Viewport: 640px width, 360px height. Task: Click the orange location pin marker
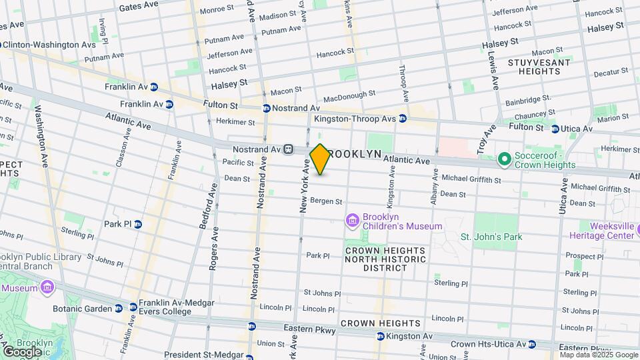[320, 159]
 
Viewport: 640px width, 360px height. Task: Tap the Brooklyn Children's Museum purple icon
[352, 219]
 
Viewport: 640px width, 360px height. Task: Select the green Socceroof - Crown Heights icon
[505, 159]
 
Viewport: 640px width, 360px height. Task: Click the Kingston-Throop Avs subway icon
[403, 119]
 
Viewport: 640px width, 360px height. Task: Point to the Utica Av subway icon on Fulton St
[555, 129]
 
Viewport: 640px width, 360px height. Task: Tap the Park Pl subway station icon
[138, 224]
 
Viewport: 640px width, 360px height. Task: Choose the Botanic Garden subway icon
[119, 308]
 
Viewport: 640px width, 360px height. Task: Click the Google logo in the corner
[22, 351]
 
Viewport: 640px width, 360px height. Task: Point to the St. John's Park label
[491, 237]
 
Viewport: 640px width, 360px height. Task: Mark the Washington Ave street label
[41, 136]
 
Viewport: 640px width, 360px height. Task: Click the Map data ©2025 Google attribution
[599, 355]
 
